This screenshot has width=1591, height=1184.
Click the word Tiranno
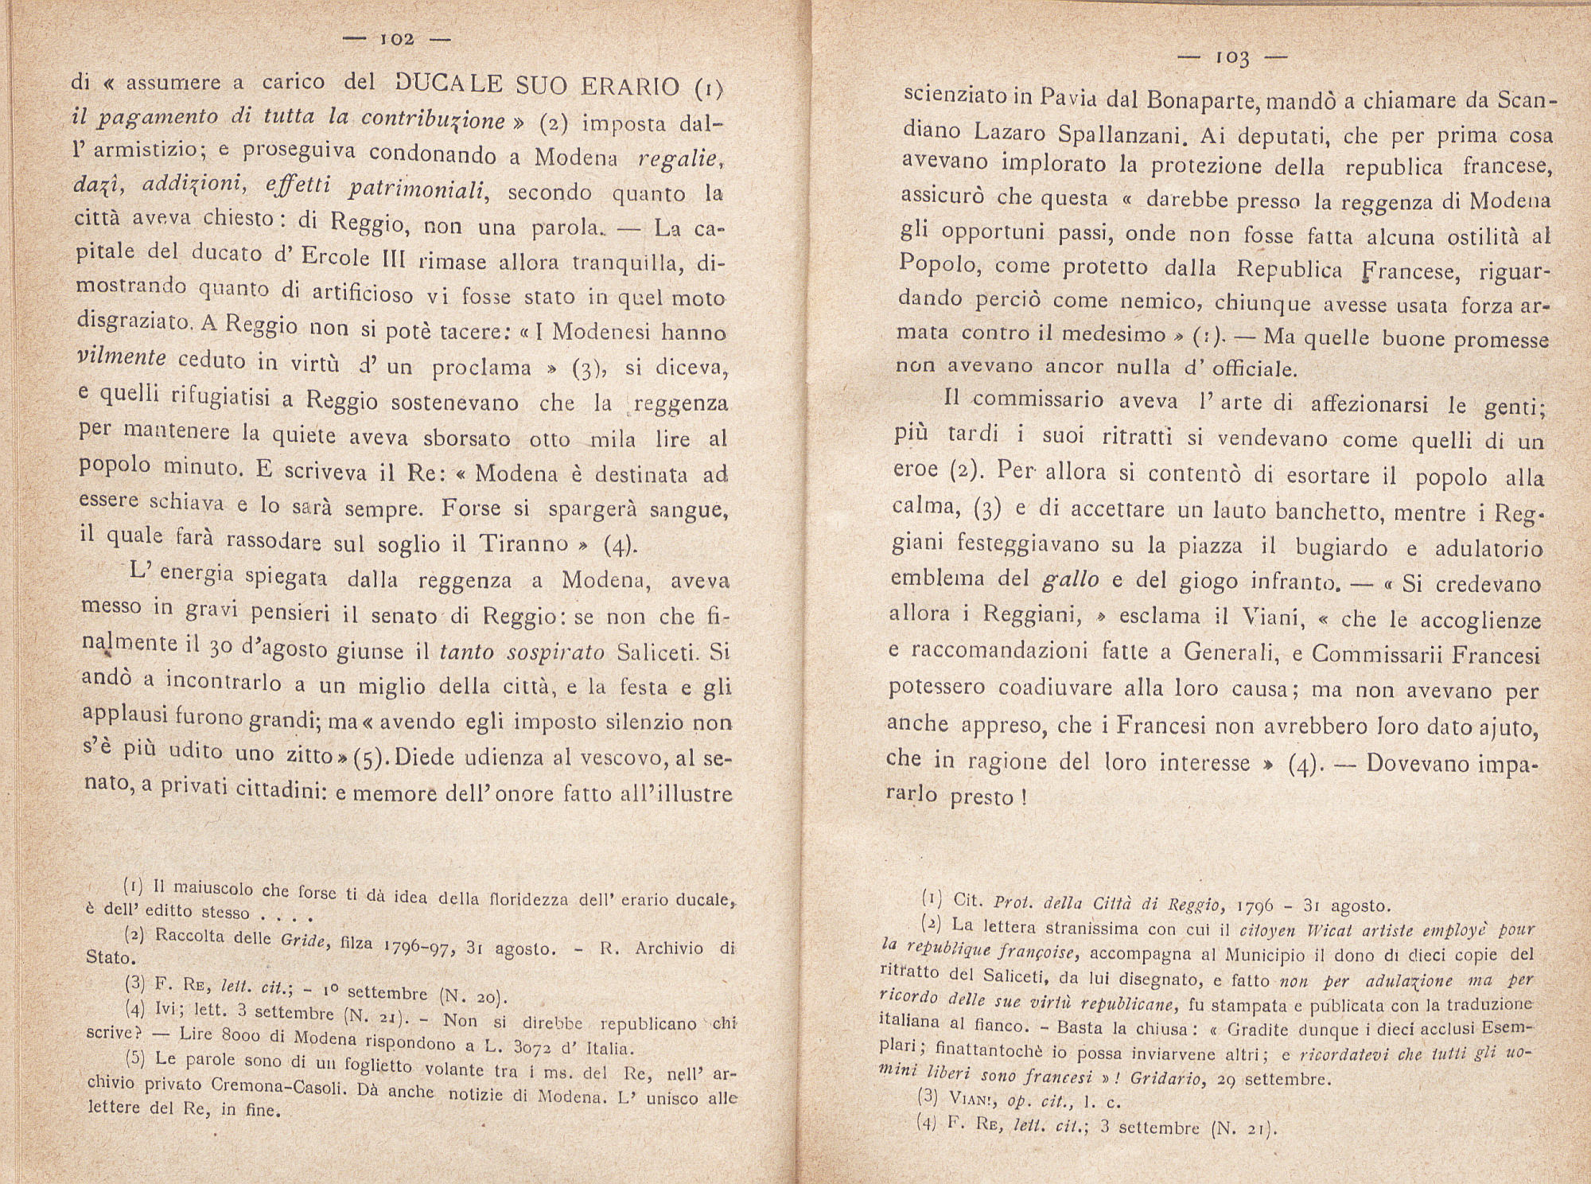(525, 543)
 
